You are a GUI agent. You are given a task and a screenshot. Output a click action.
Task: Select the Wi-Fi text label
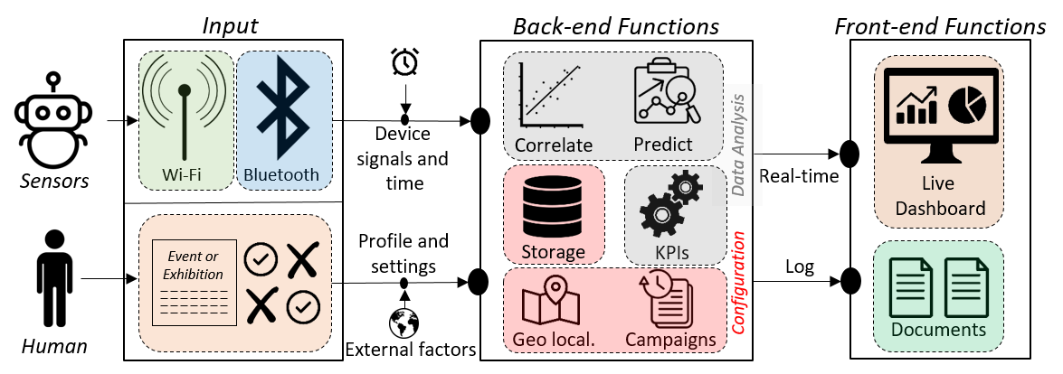[x=183, y=174]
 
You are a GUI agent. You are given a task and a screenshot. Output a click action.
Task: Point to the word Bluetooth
[x=283, y=174]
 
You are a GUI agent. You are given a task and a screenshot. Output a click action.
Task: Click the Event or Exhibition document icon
[x=195, y=283]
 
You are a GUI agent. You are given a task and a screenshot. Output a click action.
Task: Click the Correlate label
[x=553, y=145]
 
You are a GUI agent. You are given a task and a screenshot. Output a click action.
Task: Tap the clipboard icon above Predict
[x=668, y=93]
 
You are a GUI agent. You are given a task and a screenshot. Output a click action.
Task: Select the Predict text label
[x=663, y=145]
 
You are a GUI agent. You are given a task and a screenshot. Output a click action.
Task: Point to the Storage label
[x=553, y=252]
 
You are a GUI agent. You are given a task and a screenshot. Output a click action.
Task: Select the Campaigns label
[x=670, y=341]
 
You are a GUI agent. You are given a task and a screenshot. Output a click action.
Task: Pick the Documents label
[x=938, y=330]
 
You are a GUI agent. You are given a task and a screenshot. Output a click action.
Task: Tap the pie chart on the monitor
[x=967, y=107]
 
